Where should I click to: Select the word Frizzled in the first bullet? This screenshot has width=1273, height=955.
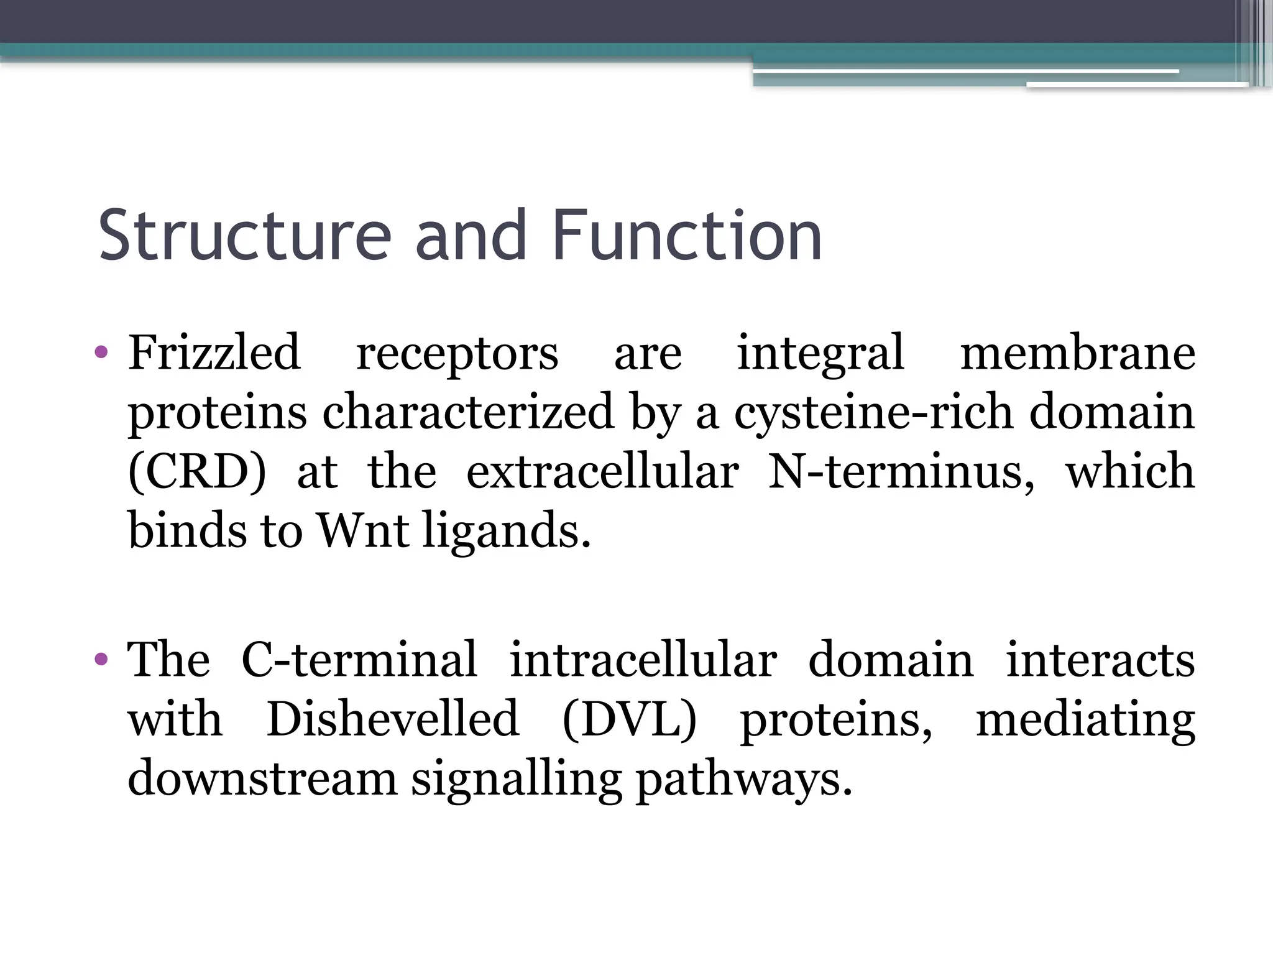point(214,353)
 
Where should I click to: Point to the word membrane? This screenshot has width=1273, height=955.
point(1078,353)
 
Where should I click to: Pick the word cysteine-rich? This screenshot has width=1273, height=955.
point(873,413)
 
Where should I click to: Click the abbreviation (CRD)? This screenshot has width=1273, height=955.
point(197,471)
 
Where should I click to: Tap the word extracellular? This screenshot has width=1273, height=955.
point(602,471)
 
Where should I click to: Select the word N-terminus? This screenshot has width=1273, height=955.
point(901,471)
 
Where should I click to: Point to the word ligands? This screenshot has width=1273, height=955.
point(506,532)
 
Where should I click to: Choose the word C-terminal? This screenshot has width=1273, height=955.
point(359,659)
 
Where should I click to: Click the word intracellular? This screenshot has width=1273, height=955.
point(643,659)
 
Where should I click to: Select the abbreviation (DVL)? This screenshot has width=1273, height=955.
point(629,719)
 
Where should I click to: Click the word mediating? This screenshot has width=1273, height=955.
point(1085,719)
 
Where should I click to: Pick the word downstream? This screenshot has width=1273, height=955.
point(262,778)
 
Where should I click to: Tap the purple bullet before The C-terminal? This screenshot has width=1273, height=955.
point(101,659)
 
